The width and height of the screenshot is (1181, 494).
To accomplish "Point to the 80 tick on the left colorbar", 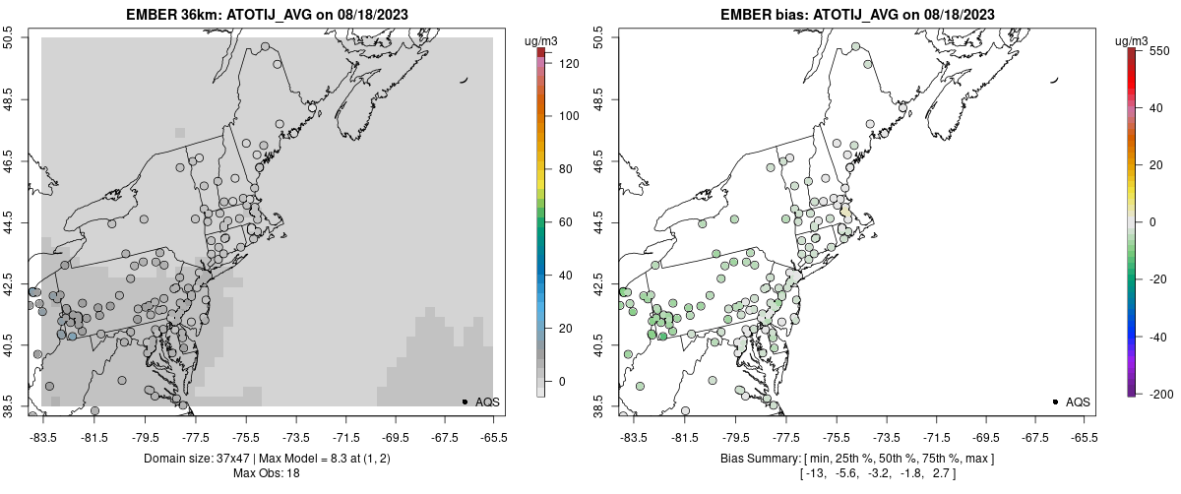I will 565,169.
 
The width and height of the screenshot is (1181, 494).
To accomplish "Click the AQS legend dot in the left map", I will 464,401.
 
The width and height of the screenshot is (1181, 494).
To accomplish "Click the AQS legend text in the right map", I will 1078,401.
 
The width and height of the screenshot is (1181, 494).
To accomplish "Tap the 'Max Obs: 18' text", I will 267,473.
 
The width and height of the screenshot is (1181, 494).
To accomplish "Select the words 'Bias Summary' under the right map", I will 764,459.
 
